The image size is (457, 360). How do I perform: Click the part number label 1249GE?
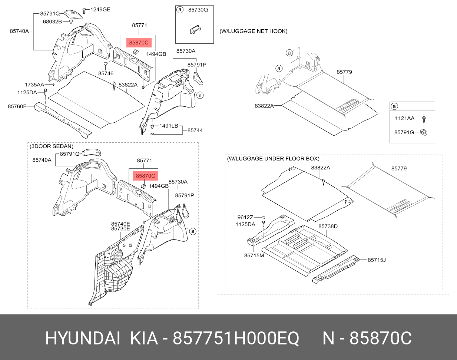(100, 10)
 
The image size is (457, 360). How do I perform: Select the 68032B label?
(52, 22)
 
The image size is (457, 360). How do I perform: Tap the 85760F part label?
(17, 106)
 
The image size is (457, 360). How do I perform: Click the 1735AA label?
(34, 85)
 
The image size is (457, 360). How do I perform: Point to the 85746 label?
(106, 73)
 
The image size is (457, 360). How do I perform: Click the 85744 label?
(195, 130)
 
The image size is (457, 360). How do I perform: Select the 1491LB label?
(169, 126)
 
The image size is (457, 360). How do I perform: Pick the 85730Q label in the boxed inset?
(198, 10)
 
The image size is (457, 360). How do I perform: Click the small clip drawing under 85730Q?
(195, 29)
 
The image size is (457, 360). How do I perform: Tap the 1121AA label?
(404, 118)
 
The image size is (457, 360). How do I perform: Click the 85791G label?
(404, 132)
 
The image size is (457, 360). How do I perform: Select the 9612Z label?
(245, 217)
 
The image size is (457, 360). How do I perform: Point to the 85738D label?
(328, 226)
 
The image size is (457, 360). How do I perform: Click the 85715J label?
(377, 260)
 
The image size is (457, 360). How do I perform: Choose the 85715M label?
(254, 255)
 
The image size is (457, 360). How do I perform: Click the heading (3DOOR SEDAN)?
(52, 146)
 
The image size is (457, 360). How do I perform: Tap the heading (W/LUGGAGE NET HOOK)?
(254, 31)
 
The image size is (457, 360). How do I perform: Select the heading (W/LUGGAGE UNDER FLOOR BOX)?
(273, 159)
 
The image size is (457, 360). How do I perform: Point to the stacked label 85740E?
(120, 224)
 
